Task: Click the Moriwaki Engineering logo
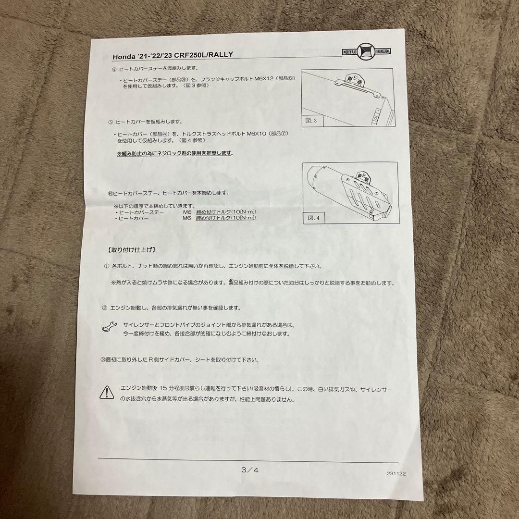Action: point(366,51)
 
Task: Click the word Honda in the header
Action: point(124,57)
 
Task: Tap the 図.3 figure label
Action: point(311,121)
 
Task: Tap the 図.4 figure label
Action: point(313,218)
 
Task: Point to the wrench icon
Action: point(109,326)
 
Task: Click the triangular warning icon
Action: point(107,392)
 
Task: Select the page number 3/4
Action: point(250,470)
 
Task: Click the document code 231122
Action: point(396,473)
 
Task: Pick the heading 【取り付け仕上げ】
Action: point(131,250)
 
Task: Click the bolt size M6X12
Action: point(264,79)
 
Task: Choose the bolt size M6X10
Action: point(257,134)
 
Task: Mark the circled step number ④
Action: point(114,70)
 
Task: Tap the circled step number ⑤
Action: point(111,122)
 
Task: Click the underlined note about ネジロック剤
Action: point(175,154)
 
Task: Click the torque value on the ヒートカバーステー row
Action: point(226,212)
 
